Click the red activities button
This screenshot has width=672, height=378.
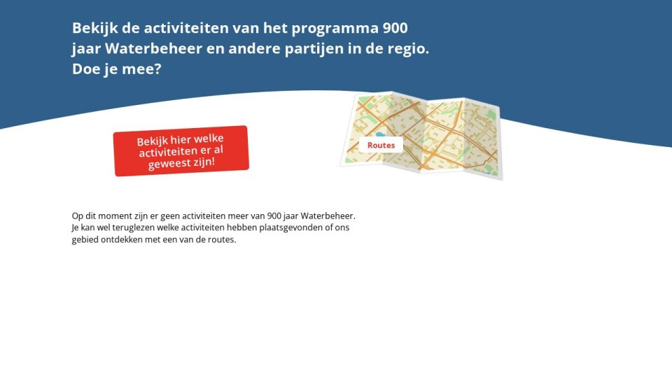coord(181,151)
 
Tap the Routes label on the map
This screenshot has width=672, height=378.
coord(381,146)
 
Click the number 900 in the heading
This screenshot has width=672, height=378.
coord(395,28)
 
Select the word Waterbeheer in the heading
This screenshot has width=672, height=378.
coord(153,48)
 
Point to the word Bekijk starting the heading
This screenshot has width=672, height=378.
coord(94,28)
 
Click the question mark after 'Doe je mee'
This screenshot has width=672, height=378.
coord(157,69)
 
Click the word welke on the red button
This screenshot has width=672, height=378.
coord(209,139)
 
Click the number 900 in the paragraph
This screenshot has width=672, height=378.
coord(274,216)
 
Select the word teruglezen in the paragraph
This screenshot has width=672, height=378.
coord(134,227)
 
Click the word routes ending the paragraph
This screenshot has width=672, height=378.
coord(222,240)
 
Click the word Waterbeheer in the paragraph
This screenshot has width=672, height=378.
coord(328,216)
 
